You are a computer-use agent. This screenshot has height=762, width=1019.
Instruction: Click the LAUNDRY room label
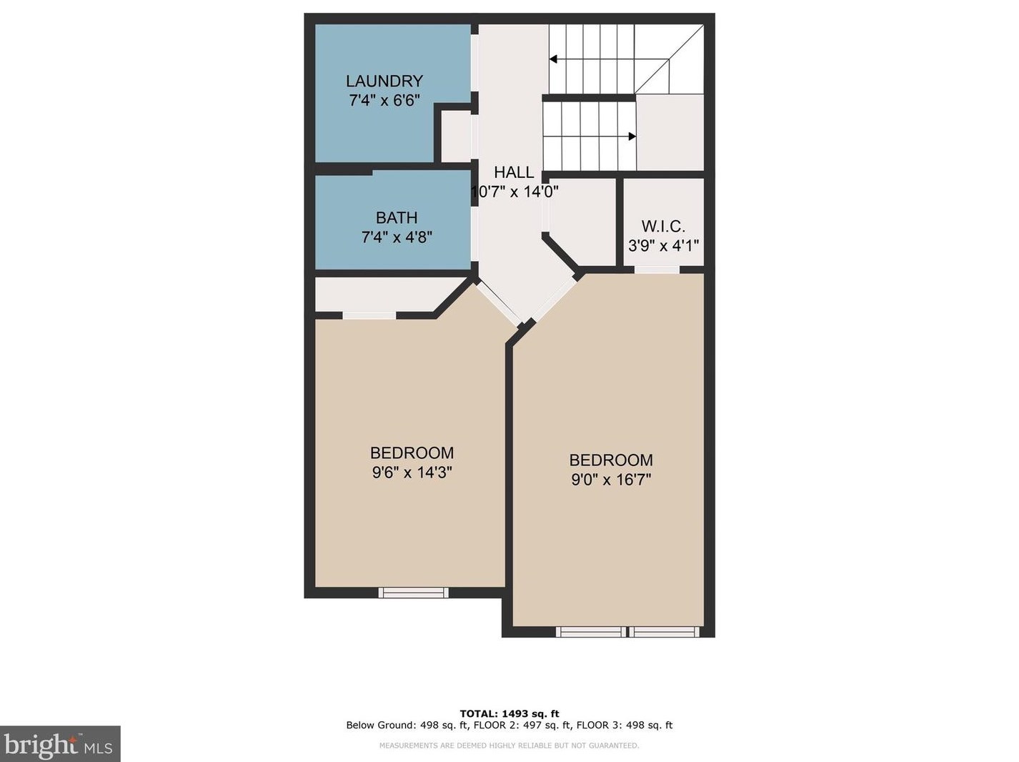pos(384,81)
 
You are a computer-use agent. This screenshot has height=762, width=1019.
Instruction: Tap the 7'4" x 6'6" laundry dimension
pos(384,101)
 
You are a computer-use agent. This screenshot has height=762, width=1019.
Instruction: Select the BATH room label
pos(397,218)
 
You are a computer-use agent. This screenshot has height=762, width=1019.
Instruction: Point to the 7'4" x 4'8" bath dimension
pos(397,237)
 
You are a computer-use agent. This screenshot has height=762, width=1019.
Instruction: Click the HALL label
pos(514,172)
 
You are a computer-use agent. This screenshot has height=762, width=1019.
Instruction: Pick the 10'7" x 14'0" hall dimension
pos(515,192)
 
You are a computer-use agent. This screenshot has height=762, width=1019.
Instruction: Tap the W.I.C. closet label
pos(663,227)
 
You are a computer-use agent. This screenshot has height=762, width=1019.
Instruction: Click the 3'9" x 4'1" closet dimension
pos(663,246)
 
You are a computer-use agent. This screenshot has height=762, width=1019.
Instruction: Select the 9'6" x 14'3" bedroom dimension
pos(412,472)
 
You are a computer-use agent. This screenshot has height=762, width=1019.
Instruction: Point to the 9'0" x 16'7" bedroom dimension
pos(611,480)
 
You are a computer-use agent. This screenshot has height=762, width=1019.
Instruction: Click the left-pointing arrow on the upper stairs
pos(553,59)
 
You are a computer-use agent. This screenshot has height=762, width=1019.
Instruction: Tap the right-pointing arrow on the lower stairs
pos(632,137)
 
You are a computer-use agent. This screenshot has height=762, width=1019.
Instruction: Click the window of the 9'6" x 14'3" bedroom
pos(413,592)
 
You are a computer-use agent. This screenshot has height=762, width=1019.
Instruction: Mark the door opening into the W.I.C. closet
pos(657,269)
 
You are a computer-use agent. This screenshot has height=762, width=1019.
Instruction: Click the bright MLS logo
pos(60,744)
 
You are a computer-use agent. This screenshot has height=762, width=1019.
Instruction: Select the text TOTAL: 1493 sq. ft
pos(509,713)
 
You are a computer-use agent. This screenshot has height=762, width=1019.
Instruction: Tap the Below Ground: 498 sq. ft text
pos(407,725)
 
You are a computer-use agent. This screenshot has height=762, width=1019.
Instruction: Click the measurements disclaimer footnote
pos(509,746)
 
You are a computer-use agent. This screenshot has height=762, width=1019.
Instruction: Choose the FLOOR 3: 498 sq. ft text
pos(625,725)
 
